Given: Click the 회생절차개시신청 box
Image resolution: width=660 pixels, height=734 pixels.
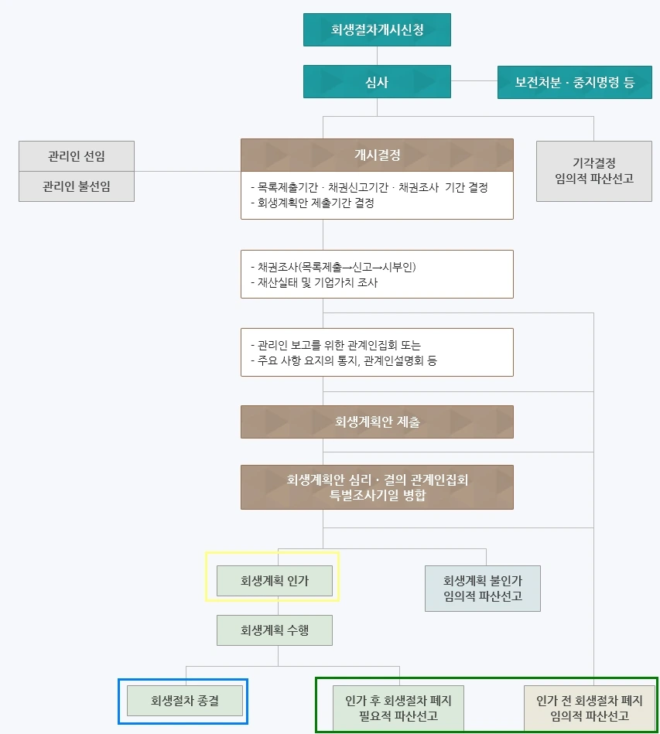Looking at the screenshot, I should pyautogui.click(x=377, y=30).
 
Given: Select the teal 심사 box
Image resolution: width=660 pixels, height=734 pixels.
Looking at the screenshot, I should pyautogui.click(x=377, y=82).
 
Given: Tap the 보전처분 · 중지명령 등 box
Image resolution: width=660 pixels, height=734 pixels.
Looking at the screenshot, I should pyautogui.click(x=574, y=82).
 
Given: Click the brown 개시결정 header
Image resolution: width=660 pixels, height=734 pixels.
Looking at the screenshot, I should pyautogui.click(x=377, y=155).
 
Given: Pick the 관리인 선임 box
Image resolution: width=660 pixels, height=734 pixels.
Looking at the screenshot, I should pyautogui.click(x=77, y=155).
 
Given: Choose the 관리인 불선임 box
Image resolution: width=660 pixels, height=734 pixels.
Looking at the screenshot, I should pyautogui.click(x=77, y=186).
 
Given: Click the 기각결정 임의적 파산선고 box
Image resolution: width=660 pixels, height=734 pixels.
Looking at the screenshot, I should pyautogui.click(x=593, y=171).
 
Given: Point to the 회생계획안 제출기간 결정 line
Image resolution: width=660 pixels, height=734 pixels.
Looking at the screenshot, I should pyautogui.click(x=313, y=203).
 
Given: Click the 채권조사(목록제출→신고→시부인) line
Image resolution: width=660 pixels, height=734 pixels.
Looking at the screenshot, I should pyautogui.click(x=333, y=267).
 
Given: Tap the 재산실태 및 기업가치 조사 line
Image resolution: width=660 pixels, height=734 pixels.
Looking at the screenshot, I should pyautogui.click(x=314, y=282).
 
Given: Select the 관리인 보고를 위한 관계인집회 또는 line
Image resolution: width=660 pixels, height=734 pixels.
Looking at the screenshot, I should pyautogui.click(x=336, y=345).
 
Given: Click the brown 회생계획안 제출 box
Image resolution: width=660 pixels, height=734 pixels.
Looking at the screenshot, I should pyautogui.click(x=377, y=422).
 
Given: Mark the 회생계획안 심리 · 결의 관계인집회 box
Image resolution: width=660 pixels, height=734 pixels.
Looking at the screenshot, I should pyautogui.click(x=377, y=487).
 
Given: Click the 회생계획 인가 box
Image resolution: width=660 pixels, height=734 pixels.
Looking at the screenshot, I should pyautogui.click(x=274, y=581).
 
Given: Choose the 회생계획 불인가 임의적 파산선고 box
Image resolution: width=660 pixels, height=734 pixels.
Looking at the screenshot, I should pyautogui.click(x=482, y=589).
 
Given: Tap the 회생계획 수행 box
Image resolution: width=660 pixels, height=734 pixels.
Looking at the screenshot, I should pyautogui.click(x=274, y=630).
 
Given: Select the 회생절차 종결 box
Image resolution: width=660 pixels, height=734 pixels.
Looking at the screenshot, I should pyautogui.click(x=185, y=701).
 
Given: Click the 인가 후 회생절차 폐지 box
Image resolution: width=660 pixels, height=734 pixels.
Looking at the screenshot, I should pyautogui.click(x=398, y=708).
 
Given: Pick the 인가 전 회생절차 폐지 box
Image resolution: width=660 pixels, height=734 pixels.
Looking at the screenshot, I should pyautogui.click(x=590, y=708).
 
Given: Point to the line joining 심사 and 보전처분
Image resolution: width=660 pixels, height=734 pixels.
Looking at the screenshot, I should pyautogui.click(x=474, y=80).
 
